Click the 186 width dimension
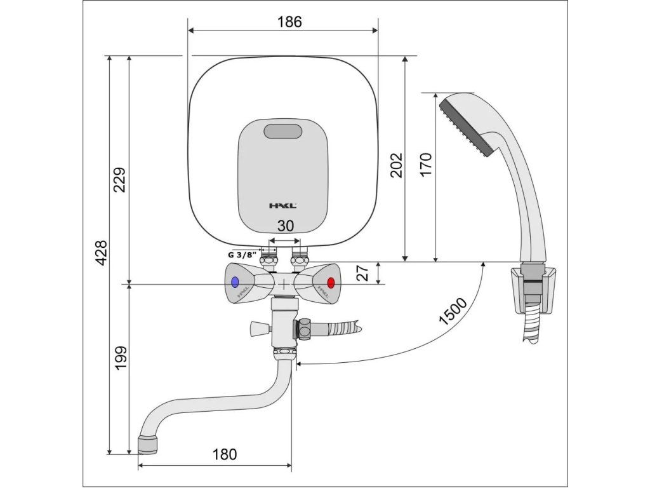(x=289, y=22)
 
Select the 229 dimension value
(x=120, y=180)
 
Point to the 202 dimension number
(x=395, y=165)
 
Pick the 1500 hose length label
(x=453, y=311)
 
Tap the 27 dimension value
(x=362, y=273)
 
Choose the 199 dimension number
(x=120, y=358)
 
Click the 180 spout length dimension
(x=224, y=454)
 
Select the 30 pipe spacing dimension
(x=286, y=226)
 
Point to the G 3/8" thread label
(x=242, y=254)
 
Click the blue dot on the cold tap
(x=235, y=282)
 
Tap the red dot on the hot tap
(x=330, y=283)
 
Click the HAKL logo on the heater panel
(x=282, y=205)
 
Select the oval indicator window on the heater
(x=283, y=132)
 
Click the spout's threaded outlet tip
(x=147, y=444)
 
